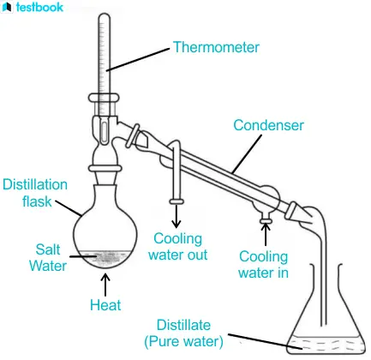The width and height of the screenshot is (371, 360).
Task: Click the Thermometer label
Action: pyautogui.click(x=216, y=47)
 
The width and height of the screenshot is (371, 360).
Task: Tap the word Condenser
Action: pyautogui.click(x=268, y=125)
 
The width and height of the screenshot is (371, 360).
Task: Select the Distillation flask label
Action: pyautogui.click(x=35, y=193)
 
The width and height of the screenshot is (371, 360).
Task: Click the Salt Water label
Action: pyautogui.click(x=48, y=258)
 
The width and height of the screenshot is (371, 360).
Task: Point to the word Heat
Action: pyautogui.click(x=105, y=305)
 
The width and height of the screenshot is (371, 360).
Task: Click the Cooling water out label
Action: pyautogui.click(x=177, y=247)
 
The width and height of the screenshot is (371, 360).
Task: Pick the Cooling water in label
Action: pyautogui.click(x=263, y=265)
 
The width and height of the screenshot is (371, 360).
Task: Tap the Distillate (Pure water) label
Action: pyautogui.click(x=183, y=333)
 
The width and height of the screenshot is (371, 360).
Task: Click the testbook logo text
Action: pyautogui.click(x=39, y=7)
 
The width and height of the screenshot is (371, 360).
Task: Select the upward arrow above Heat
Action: pyautogui.click(x=105, y=285)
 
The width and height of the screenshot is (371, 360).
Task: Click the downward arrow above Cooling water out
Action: pyautogui.click(x=177, y=216)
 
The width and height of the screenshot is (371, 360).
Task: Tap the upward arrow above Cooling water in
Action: pyautogui.click(x=266, y=234)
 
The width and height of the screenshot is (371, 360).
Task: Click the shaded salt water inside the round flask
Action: pyautogui.click(x=105, y=259)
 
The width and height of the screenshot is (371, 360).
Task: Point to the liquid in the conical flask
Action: pyautogui.click(x=326, y=344)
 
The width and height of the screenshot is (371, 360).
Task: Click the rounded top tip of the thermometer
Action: pyautogui.click(x=104, y=15)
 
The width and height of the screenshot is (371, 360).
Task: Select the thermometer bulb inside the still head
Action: pyautogui.click(x=105, y=131)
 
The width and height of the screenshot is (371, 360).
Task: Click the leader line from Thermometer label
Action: pyautogui.click(x=138, y=59)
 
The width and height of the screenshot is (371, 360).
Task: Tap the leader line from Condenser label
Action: pyautogui.click(x=247, y=154)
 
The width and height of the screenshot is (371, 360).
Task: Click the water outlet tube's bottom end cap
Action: pyautogui.click(x=177, y=201)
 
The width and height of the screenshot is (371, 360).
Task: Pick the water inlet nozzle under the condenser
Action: pyautogui.click(x=266, y=218)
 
